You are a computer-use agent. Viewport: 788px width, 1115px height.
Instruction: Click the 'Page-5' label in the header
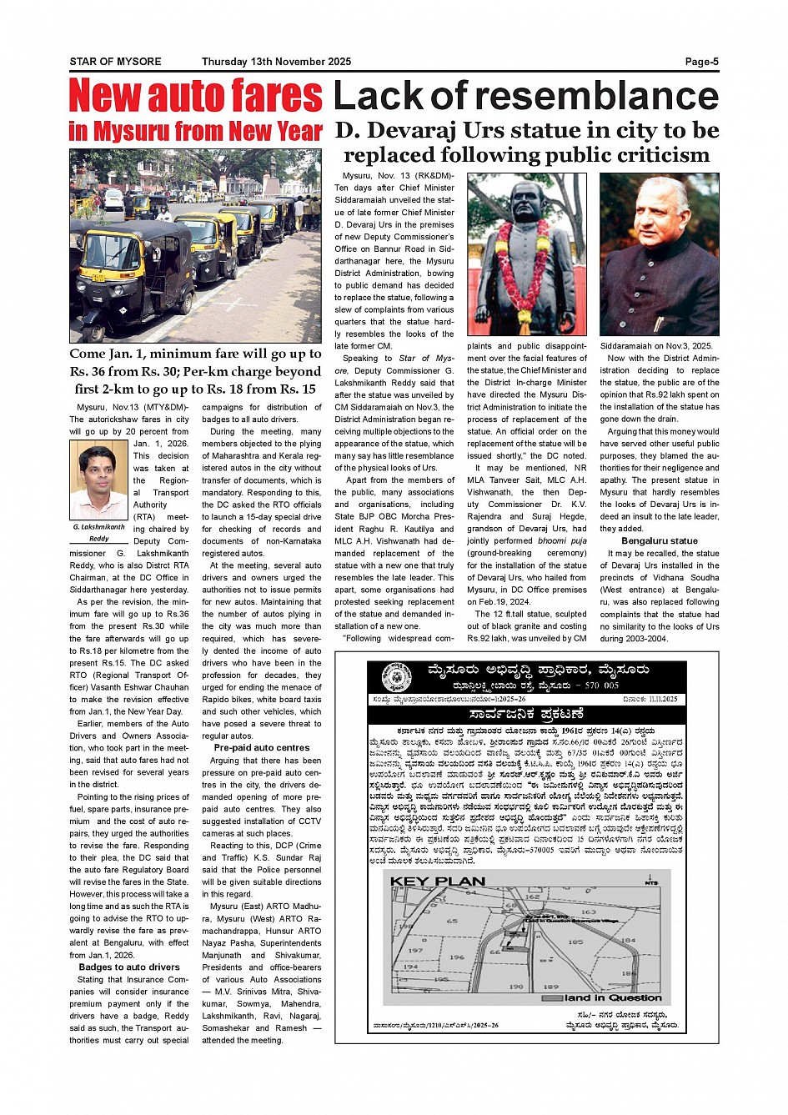[701, 62]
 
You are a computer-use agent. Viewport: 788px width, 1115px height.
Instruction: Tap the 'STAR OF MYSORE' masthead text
[115, 62]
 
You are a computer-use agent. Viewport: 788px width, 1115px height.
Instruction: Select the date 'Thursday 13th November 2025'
[276, 62]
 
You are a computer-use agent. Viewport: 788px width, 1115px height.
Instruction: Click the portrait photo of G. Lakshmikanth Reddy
[98, 479]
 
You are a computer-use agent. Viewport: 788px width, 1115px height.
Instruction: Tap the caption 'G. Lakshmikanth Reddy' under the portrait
[98, 532]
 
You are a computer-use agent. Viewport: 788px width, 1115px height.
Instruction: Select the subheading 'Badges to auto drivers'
[129, 967]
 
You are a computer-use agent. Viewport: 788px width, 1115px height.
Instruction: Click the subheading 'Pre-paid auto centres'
[261, 748]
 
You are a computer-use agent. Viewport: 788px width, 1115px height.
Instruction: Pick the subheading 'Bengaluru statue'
[659, 541]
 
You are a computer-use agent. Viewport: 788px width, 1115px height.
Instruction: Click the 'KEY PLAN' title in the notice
[437, 881]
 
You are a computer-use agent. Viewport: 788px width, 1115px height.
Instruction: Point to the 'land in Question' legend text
[613, 997]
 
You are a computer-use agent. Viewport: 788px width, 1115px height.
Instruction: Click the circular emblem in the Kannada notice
[396, 677]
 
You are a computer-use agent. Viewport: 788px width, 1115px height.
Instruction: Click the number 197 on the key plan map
[415, 950]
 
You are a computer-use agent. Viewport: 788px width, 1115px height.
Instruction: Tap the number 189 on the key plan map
[550, 987]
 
